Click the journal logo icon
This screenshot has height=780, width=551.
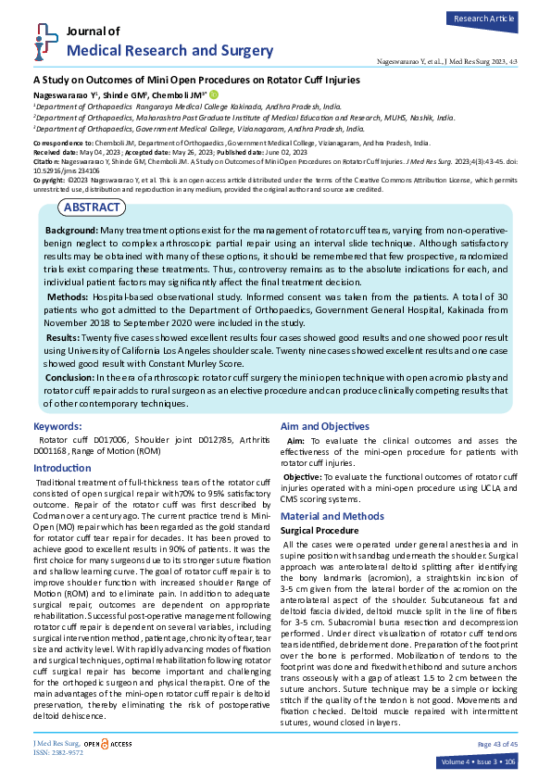click(38, 41)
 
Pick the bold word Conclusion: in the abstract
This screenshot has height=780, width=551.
click(75, 377)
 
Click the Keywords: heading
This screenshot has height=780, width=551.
click(57, 427)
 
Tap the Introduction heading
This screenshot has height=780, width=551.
click(62, 470)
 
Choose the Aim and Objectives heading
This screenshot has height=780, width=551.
click(324, 426)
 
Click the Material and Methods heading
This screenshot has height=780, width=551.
click(332, 516)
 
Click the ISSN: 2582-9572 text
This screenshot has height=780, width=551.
click(57, 753)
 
